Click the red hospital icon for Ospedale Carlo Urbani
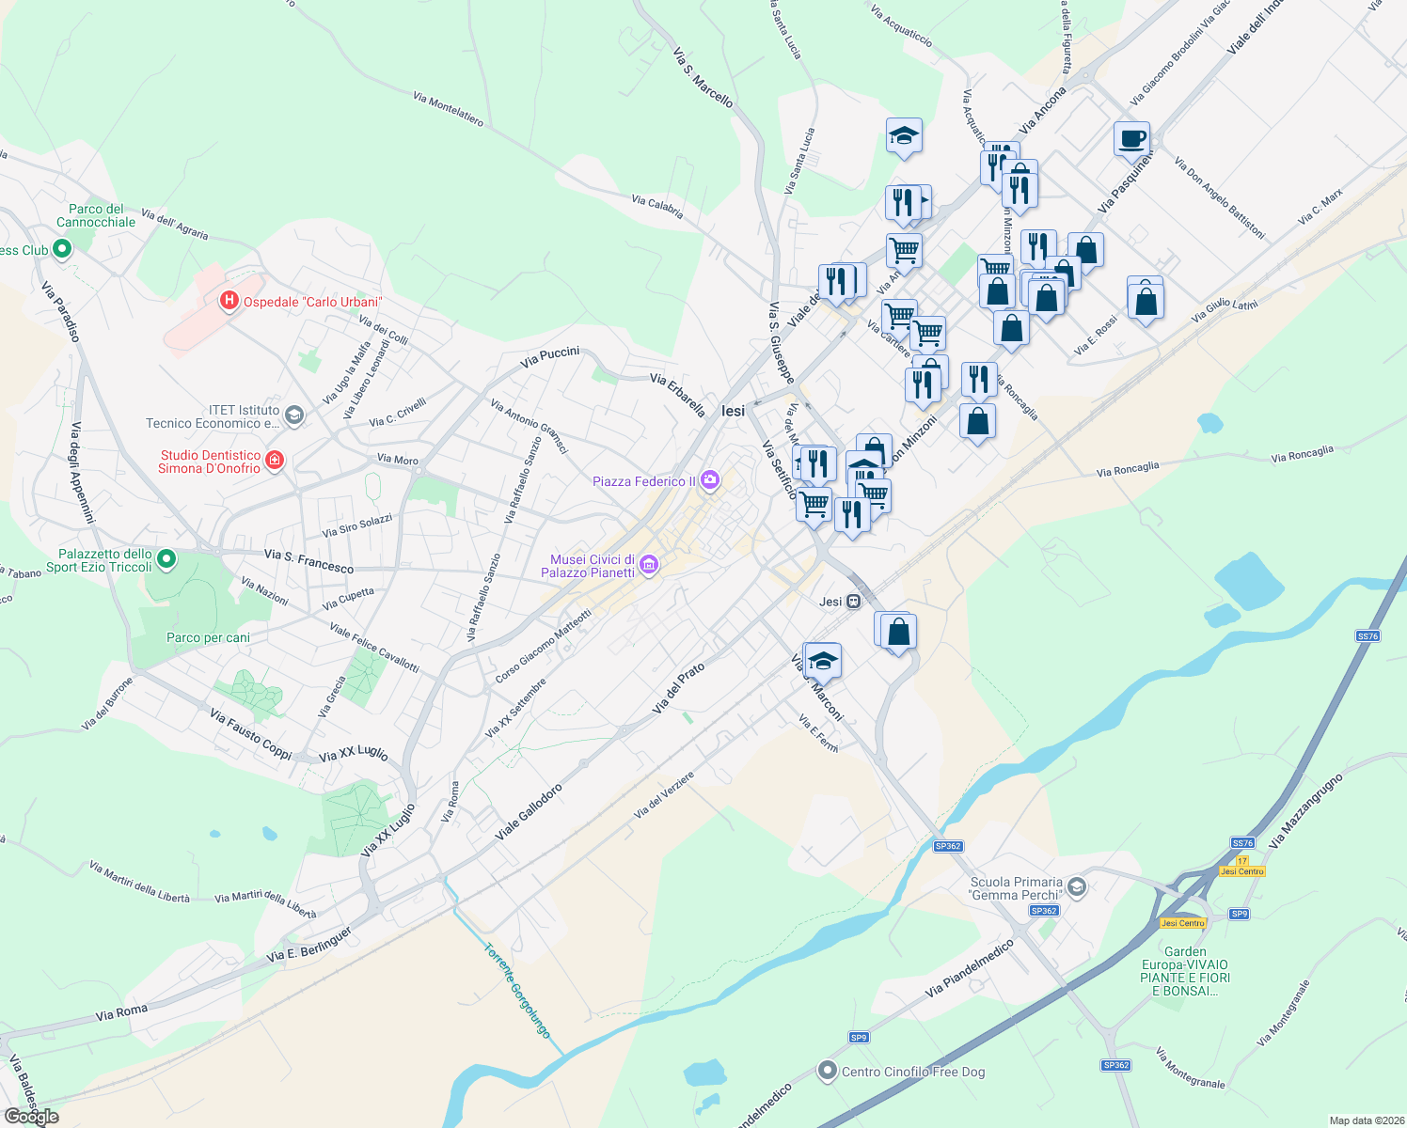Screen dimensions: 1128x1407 229,301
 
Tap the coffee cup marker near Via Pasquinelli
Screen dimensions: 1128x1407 1132,139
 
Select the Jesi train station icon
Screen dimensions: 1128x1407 853,602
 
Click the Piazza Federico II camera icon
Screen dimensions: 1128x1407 710,481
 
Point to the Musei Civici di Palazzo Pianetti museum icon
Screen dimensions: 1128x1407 648,565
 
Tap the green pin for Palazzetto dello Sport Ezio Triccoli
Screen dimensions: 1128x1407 166,560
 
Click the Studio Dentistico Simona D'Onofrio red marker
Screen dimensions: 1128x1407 275,460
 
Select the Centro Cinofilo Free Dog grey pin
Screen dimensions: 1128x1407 827,1071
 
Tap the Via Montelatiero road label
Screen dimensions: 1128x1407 448,109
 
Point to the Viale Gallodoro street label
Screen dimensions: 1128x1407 529,812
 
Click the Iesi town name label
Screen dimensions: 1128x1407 733,411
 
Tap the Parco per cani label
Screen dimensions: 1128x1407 208,637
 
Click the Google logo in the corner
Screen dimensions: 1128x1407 32,1117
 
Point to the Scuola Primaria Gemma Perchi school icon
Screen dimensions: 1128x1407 1077,887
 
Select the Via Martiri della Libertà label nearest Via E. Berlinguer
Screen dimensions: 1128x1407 265,903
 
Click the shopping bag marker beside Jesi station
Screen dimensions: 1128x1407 898,632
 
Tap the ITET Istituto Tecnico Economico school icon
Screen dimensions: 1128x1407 294,415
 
